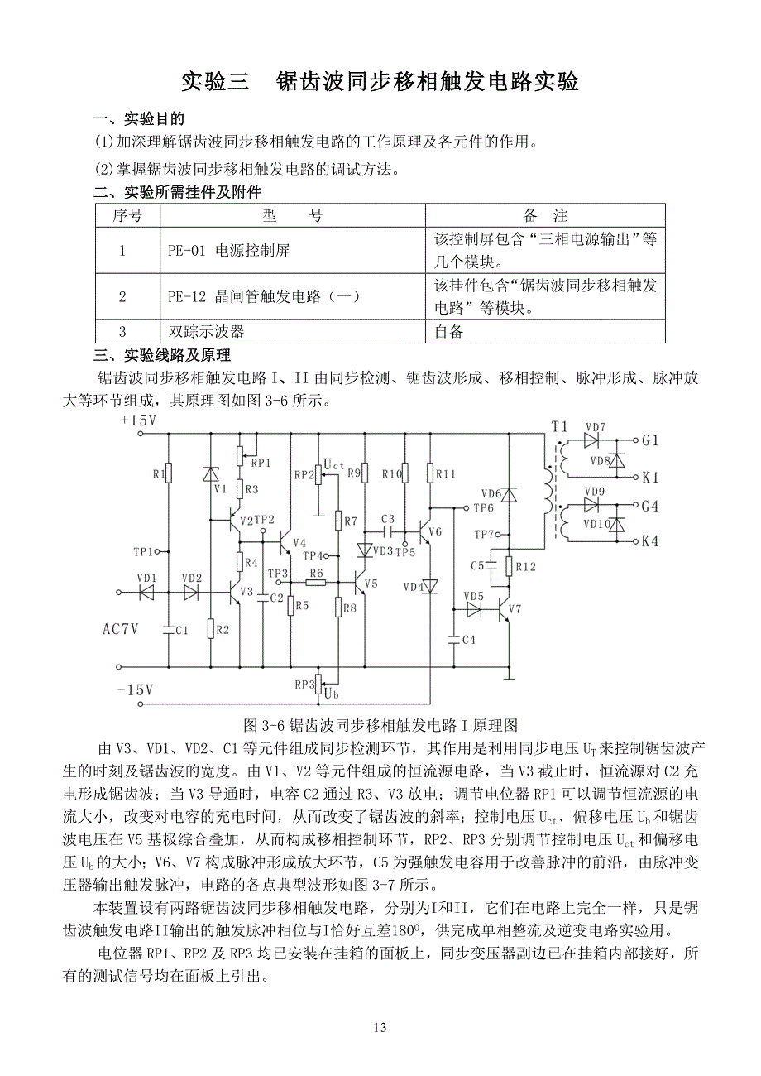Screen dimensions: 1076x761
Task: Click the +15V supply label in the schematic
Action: click(x=137, y=420)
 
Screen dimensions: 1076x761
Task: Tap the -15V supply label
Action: click(x=136, y=689)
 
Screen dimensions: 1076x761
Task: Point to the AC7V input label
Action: click(x=120, y=629)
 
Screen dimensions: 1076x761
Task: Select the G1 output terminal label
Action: click(x=649, y=441)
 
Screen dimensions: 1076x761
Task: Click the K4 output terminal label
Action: click(x=649, y=542)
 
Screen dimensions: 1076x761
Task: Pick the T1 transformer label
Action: click(x=560, y=426)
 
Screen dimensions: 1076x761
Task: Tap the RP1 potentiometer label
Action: click(x=261, y=462)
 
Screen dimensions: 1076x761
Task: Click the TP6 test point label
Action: click(x=485, y=507)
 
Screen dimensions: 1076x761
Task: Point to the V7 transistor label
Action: click(x=515, y=609)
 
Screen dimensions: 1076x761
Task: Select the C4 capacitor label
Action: click(x=468, y=639)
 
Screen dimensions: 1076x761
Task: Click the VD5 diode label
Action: click(x=473, y=596)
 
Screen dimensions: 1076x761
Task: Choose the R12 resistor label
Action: click(x=526, y=567)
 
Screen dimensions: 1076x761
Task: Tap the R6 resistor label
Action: click(x=316, y=573)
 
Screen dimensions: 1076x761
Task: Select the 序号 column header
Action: click(x=127, y=216)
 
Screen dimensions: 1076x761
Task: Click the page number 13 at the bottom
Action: click(x=380, y=1028)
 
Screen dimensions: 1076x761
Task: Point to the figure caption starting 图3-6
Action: click(x=380, y=725)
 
